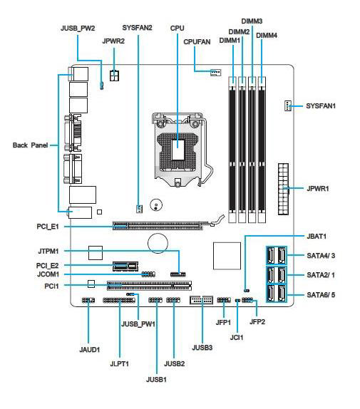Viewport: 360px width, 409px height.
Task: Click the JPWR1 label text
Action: pos(318,188)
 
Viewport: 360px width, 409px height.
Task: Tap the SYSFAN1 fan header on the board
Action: pos(288,105)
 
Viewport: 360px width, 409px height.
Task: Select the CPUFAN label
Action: pos(197,42)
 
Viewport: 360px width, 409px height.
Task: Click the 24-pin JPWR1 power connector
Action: pos(283,190)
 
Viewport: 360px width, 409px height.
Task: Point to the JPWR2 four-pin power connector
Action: pos(114,76)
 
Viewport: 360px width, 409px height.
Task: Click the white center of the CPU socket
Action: pos(178,150)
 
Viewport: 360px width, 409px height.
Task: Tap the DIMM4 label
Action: pos(267,35)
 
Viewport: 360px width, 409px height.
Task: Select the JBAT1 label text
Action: pos(317,237)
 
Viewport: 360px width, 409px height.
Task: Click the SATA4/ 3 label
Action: pos(321,255)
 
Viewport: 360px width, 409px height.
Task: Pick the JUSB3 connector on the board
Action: pos(202,300)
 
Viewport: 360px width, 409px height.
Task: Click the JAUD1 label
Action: pos(90,350)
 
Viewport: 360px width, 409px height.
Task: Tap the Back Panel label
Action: pos(30,145)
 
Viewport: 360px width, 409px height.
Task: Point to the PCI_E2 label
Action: pos(48,266)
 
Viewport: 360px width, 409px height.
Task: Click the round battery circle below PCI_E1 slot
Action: pos(158,243)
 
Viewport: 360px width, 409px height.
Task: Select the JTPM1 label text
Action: pos(48,252)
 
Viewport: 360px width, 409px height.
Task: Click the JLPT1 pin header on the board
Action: pos(119,301)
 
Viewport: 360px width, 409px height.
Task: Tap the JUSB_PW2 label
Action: pos(78,29)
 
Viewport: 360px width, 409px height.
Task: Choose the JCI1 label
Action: pos(237,337)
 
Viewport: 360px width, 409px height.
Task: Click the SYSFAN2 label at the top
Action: pos(137,28)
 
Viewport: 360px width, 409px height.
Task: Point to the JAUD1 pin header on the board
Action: pos(88,301)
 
